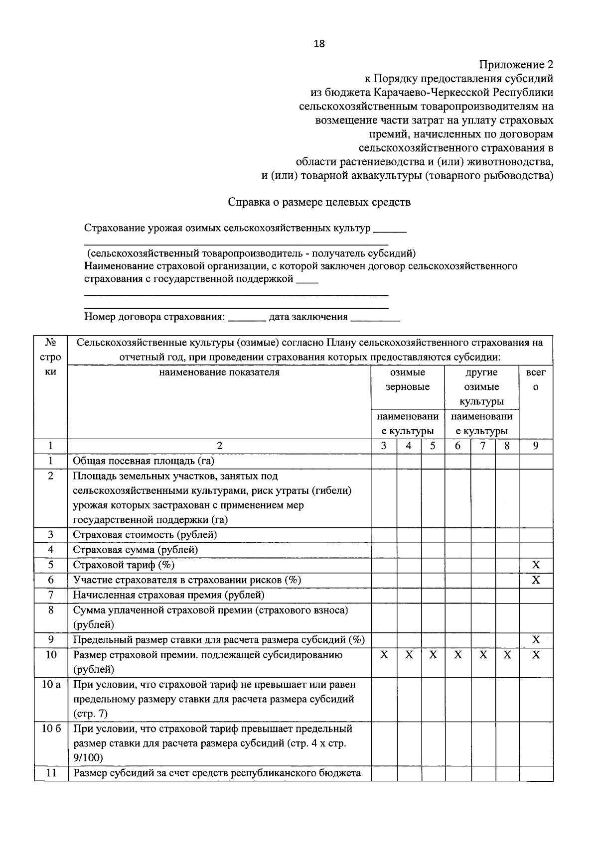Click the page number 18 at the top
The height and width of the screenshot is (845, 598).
point(319,44)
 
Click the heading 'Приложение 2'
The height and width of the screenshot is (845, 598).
point(516,65)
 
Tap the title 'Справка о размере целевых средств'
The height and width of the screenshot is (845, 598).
point(319,202)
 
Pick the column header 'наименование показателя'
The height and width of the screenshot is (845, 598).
point(219,372)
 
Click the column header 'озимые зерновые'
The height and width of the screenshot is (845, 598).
point(408,380)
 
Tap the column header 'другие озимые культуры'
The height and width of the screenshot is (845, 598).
point(481,387)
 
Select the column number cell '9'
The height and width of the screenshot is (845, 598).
point(536,446)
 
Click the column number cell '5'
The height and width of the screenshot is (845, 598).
point(433,446)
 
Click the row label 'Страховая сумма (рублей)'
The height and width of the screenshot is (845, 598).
point(136,550)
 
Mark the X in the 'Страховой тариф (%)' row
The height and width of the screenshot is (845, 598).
point(536,565)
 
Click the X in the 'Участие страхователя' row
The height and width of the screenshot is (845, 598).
point(536,580)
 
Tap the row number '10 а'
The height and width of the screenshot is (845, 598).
point(51,685)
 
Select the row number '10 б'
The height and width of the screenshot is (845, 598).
point(51,729)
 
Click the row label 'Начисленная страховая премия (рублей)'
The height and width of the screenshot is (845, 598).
point(168,595)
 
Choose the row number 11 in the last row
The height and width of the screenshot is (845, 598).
point(51,773)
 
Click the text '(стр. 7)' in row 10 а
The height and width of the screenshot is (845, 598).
point(90,714)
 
